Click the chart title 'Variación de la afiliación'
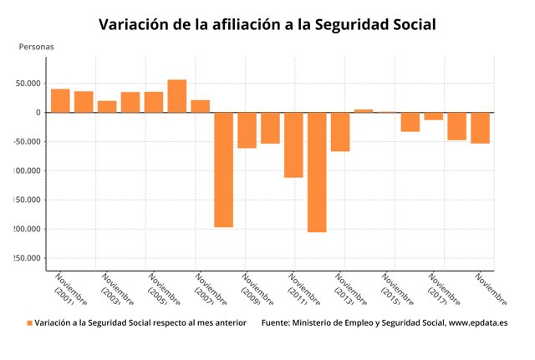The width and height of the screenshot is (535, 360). point(267,24)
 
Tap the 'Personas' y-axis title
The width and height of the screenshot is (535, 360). point(36,47)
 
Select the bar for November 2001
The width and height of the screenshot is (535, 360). point(60,100)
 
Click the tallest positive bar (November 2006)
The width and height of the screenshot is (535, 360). point(176,96)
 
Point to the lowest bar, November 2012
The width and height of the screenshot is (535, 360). point(317,172)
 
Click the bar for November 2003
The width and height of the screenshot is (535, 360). point(107,106)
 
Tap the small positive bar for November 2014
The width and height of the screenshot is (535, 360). point(364,110)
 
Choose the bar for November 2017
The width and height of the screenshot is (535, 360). point(433,116)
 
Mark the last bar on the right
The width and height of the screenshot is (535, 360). point(480,128)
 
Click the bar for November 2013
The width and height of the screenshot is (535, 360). point(340,132)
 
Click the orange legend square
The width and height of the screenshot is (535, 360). point(29,322)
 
